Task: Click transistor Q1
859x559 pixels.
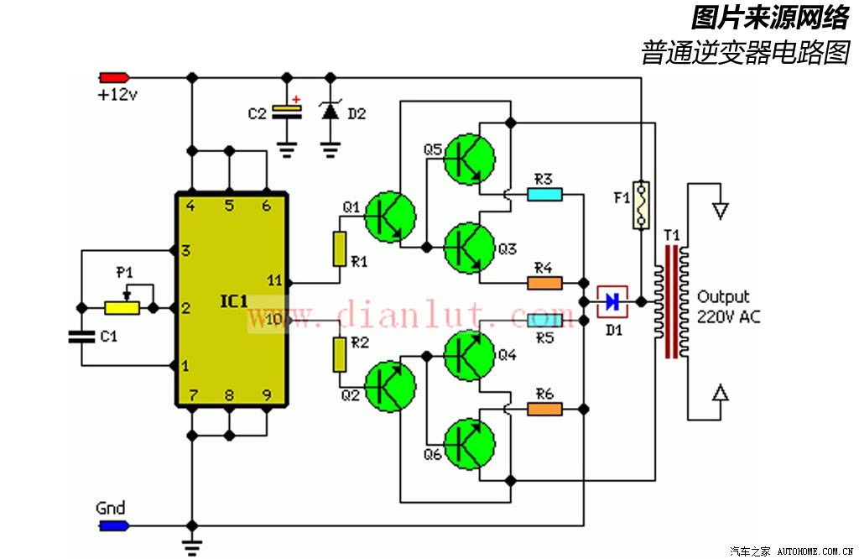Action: pyautogui.click(x=390, y=217)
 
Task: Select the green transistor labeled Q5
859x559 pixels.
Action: pyautogui.click(x=469, y=159)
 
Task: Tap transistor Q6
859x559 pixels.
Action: pyautogui.click(x=469, y=444)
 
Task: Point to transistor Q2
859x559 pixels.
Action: pyautogui.click(x=390, y=386)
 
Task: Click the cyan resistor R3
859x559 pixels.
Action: pyautogui.click(x=544, y=194)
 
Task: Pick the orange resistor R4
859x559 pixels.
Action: pyautogui.click(x=544, y=283)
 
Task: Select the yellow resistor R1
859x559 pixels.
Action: pyautogui.click(x=340, y=249)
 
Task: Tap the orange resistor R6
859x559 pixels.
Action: pyautogui.click(x=544, y=409)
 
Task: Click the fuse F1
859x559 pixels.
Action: pyautogui.click(x=640, y=206)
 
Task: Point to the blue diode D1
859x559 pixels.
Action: pyautogui.click(x=612, y=301)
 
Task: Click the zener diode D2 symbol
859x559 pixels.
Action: pyautogui.click(x=330, y=112)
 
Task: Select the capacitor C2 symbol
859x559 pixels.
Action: pyautogui.click(x=287, y=112)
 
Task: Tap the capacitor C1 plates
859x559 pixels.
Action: pyautogui.click(x=81, y=336)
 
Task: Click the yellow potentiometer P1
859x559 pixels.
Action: pyautogui.click(x=122, y=308)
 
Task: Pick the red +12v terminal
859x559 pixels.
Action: pyautogui.click(x=114, y=78)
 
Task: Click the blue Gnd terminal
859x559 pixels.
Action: pyautogui.click(x=114, y=526)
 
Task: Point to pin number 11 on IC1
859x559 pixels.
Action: pyautogui.click(x=274, y=280)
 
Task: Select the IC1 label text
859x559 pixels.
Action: pyautogui.click(x=234, y=300)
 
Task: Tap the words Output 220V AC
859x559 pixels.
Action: pyautogui.click(x=728, y=307)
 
